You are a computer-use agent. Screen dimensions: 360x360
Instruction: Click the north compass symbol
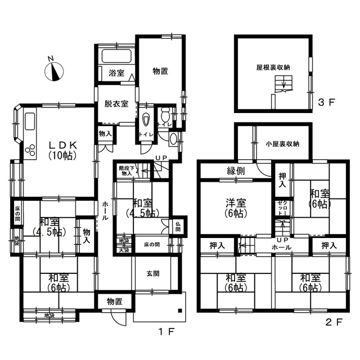(54, 71)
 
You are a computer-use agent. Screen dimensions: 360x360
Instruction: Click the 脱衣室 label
(116, 103)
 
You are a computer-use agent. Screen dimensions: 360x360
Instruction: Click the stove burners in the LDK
(30, 148)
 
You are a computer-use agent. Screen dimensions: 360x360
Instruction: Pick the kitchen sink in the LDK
(29, 121)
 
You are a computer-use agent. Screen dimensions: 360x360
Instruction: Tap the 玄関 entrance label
(153, 274)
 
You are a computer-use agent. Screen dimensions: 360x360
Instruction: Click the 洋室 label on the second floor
(236, 208)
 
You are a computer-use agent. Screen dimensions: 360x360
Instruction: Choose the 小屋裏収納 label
(282, 143)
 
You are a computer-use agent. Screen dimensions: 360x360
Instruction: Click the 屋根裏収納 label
(273, 67)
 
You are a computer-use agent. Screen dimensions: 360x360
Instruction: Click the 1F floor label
(167, 331)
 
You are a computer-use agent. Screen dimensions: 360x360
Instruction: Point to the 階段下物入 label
(125, 171)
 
